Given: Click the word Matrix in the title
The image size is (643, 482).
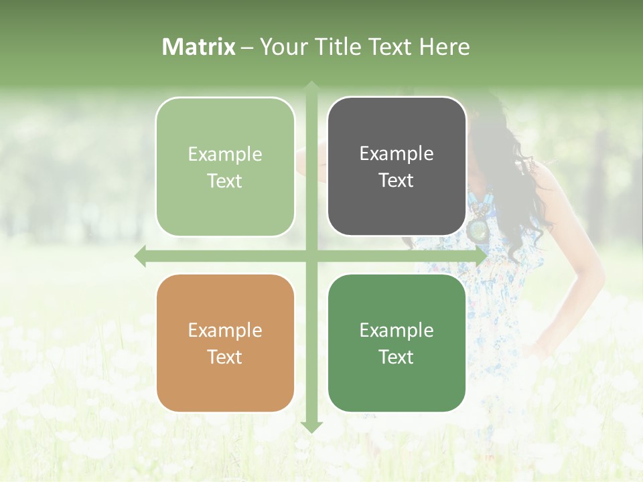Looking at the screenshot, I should tap(199, 47).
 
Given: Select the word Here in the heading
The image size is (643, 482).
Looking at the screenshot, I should tap(444, 47).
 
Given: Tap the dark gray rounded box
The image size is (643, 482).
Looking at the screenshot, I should tap(397, 167).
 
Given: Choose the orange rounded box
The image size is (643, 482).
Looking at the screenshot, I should tap(225, 343).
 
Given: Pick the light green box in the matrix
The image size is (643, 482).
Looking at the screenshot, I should tap(225, 167).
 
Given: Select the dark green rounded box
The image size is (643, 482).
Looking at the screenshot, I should tap(397, 343).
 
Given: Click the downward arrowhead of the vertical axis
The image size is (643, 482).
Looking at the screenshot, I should tap(311, 426).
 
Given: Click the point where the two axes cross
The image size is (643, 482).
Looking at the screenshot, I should tap(311, 256).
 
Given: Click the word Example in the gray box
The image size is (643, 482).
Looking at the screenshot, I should tap(397, 154).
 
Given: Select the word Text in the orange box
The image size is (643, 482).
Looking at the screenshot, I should tap(225, 357).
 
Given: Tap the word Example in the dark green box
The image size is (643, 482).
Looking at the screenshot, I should tap(397, 330).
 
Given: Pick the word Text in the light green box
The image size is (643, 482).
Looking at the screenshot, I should tap(225, 181).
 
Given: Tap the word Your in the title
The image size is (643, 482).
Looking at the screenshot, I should tap(281, 47).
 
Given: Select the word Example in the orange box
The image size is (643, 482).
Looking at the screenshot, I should tap(225, 330).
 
